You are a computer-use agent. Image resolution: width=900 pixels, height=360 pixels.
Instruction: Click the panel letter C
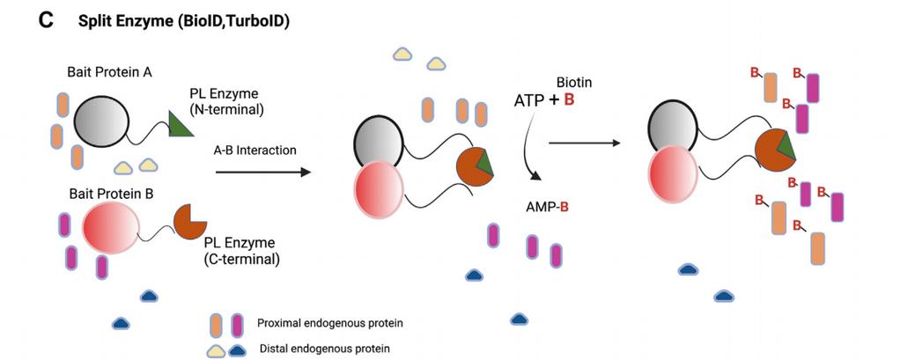pyautogui.click(x=45, y=20)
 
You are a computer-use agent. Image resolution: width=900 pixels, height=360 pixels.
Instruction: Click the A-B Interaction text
pyautogui.click(x=255, y=151)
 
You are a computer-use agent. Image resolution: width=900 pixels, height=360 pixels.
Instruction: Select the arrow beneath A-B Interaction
pyautogui.click(x=263, y=172)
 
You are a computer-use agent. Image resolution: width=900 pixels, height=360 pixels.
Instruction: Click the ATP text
pyautogui.click(x=528, y=101)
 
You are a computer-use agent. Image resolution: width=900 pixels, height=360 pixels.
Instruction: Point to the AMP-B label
pyautogui.click(x=547, y=207)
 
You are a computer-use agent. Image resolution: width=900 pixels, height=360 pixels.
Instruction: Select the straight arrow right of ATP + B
pyautogui.click(x=585, y=143)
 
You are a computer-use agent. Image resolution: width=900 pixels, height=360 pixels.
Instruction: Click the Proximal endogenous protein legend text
pyautogui.click(x=330, y=323)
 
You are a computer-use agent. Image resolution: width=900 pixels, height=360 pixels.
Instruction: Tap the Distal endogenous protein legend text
pyautogui.click(x=325, y=348)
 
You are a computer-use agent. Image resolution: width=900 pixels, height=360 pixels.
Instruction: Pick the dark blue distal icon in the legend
pyautogui.click(x=237, y=349)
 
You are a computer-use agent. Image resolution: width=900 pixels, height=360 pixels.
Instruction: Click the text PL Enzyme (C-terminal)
pyautogui.click(x=241, y=251)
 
